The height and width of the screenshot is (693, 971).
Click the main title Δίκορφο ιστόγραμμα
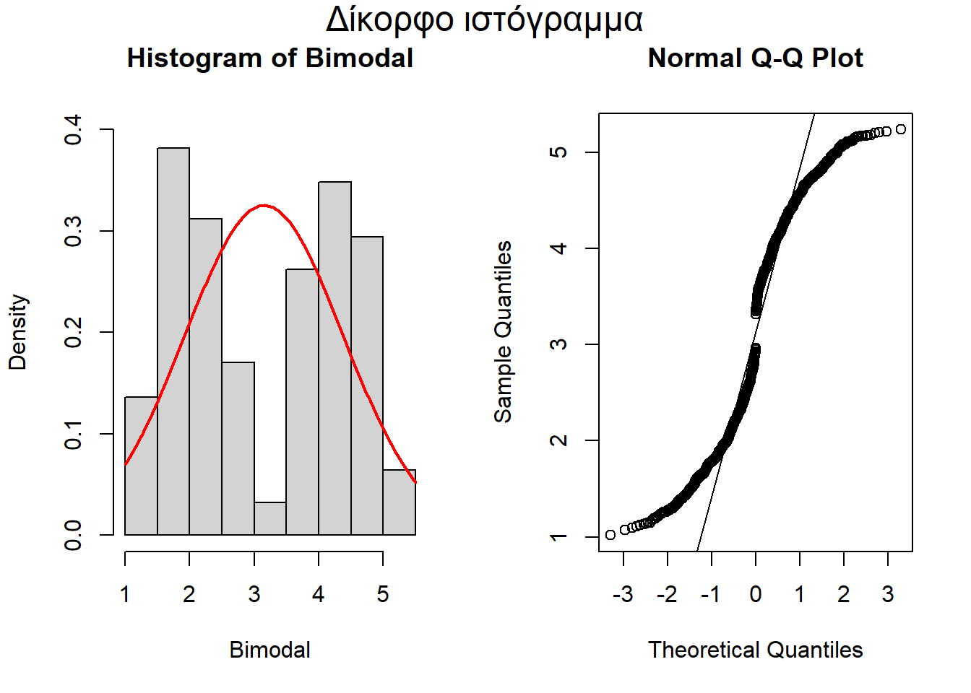[x=484, y=20]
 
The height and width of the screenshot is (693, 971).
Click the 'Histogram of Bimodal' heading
[x=269, y=58]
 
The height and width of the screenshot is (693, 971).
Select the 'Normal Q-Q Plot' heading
[x=755, y=58]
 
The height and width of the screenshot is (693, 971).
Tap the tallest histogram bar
[x=173, y=339]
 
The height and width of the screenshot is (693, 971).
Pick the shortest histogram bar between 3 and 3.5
[x=270, y=519]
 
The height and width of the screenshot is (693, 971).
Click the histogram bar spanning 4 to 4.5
[x=335, y=361]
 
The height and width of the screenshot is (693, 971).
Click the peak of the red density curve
[x=264, y=206]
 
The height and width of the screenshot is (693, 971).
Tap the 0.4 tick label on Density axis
[x=74, y=130]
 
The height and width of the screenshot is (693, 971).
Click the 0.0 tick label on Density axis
[x=74, y=535]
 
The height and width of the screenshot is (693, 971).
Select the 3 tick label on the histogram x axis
[x=254, y=594]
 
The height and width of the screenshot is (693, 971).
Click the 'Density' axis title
[x=17, y=332]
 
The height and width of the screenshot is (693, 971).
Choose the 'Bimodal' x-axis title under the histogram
[x=269, y=650]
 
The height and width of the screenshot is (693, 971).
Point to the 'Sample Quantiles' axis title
[x=503, y=332]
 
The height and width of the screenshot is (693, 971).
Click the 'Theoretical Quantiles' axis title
[x=755, y=650]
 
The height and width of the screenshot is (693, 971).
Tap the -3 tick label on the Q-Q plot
[x=623, y=594]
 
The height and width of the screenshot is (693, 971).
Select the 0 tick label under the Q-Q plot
[x=756, y=594]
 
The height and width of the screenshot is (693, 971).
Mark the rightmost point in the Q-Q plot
[x=900, y=129]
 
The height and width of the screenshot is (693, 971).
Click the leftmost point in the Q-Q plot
[x=610, y=535]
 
